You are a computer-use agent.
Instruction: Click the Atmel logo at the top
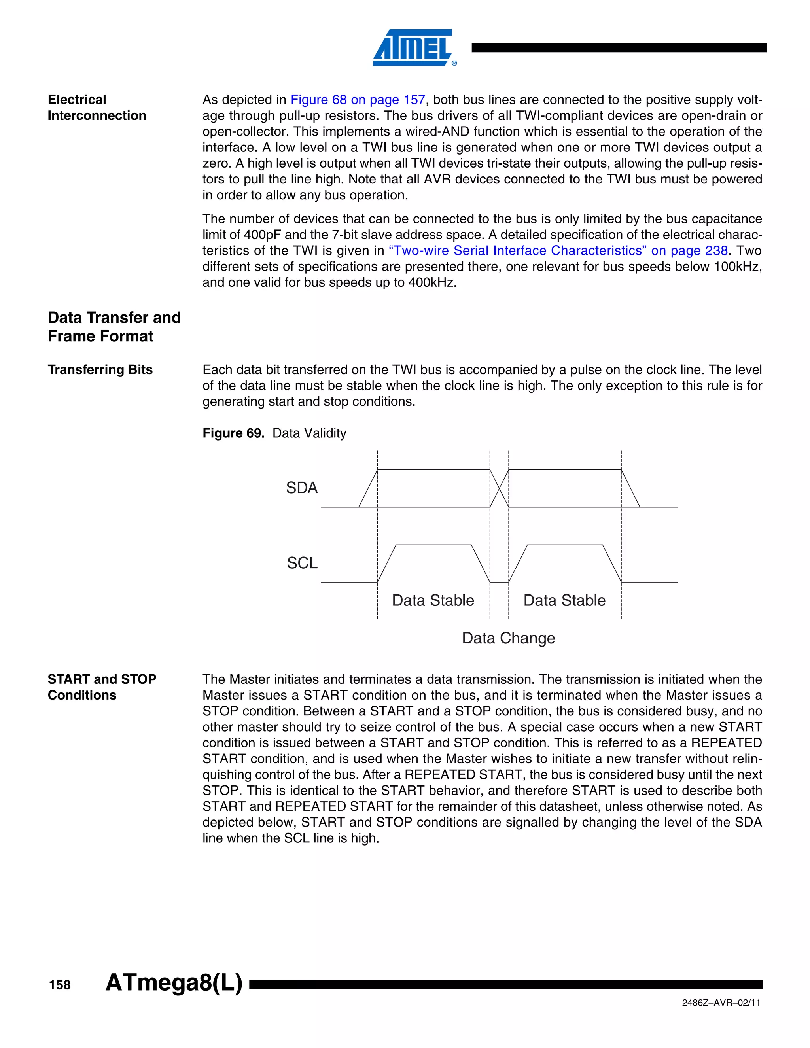pyautogui.click(x=414, y=47)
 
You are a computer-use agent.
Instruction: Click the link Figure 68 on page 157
pyautogui.click(x=358, y=100)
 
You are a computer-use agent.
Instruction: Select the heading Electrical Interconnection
pyautogui.click(x=97, y=108)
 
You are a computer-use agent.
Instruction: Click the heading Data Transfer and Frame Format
pyautogui.click(x=114, y=327)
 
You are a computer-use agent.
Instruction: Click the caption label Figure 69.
pyautogui.click(x=233, y=433)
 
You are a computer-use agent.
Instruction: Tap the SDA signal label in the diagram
pyautogui.click(x=301, y=488)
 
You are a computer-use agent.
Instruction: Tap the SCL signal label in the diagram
pyautogui.click(x=302, y=562)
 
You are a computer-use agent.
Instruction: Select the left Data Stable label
pyautogui.click(x=433, y=600)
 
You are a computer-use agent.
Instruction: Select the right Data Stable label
pyautogui.click(x=564, y=600)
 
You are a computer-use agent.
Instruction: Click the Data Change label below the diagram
pyautogui.click(x=508, y=638)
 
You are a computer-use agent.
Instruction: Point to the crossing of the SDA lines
pyautogui.click(x=499, y=488)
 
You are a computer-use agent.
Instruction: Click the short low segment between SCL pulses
pyautogui.click(x=499, y=582)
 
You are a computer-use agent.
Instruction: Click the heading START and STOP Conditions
pyautogui.click(x=102, y=687)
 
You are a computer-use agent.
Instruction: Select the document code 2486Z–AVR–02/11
pyautogui.click(x=721, y=1003)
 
